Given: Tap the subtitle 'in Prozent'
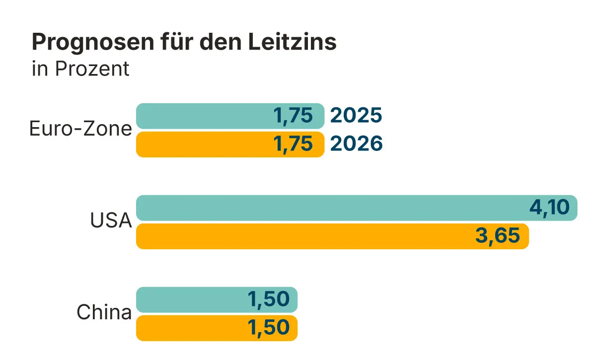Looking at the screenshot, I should coord(80,69).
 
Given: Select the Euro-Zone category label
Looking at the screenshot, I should coord(80,129).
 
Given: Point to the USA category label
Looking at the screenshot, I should coord(111,221).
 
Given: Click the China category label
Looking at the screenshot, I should coord(104,313).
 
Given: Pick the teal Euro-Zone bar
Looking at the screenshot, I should coord(204,116).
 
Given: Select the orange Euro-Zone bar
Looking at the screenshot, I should coord(204,144).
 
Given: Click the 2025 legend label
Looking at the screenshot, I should coord(356,116).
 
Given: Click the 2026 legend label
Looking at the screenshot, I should coord(356,144).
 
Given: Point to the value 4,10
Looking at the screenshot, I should coord(549,208).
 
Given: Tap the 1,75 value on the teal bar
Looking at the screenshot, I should coord(293,116).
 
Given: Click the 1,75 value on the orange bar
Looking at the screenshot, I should coord(293,144).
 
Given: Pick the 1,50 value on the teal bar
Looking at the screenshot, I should coord(268,299).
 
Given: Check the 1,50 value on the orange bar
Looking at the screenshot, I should coord(268,328).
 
